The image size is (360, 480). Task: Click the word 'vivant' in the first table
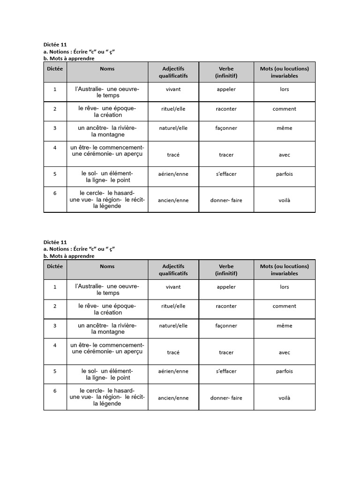[173, 89]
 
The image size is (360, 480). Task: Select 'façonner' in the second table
[226, 326]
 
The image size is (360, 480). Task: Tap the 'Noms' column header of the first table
[107, 68]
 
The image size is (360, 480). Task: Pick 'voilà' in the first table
[284, 200]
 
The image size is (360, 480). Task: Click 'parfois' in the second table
[284, 371]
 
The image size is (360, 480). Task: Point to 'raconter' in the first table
[226, 109]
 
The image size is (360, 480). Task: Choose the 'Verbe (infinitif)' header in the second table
[226, 270]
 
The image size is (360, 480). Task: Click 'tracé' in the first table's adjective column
[173, 155]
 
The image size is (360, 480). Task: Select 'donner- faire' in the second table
[226, 398]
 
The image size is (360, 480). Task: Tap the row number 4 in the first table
[55, 148]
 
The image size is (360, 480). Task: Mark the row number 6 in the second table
[55, 391]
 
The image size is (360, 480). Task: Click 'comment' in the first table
[284, 109]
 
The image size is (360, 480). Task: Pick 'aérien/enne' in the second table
[173, 371]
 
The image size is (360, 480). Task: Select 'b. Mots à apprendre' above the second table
[69, 256]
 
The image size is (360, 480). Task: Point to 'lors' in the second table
[284, 287]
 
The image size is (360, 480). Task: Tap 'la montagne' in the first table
[108, 135]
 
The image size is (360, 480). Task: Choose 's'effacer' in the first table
[226, 174]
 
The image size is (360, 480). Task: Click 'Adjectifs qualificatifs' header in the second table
[173, 270]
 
